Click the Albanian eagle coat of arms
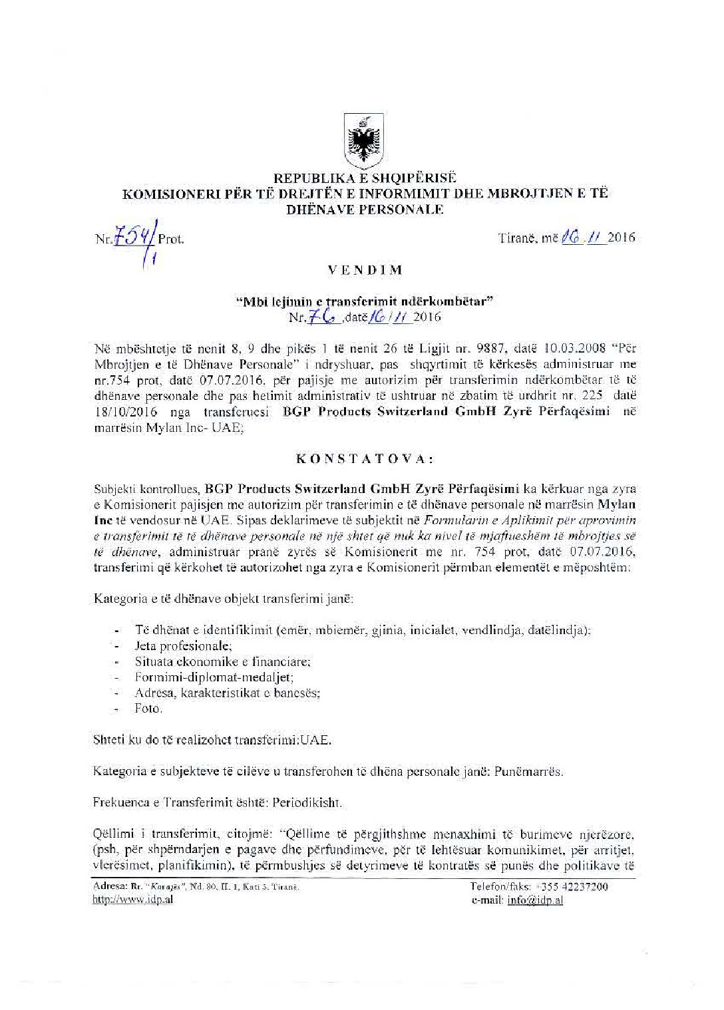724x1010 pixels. coord(363,141)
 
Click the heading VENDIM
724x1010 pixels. coord(363,270)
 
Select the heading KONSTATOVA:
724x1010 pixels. coord(365,458)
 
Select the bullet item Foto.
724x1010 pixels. coord(148,709)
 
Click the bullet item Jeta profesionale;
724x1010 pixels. coord(183,645)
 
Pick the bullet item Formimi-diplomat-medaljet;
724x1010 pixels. coord(214,677)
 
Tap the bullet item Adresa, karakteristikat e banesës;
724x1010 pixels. coord(228,693)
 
